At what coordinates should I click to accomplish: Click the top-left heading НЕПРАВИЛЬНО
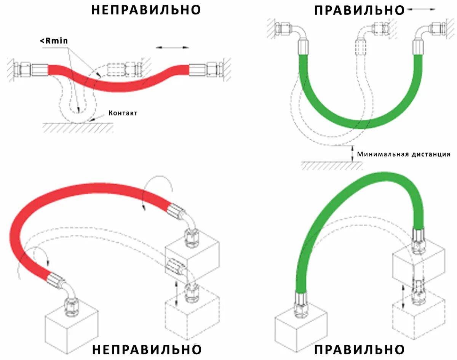point(146,10)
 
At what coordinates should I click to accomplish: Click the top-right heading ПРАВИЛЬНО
point(359,10)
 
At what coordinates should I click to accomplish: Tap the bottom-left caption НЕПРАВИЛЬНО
point(147,349)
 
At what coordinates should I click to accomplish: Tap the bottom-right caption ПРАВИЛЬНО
point(359,349)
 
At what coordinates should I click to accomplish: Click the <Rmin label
point(54,41)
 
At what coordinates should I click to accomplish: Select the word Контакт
point(123,113)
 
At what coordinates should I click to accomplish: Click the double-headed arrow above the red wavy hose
point(173,48)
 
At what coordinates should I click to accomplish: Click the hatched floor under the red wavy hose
point(78,128)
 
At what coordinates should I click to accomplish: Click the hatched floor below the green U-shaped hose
point(331,166)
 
